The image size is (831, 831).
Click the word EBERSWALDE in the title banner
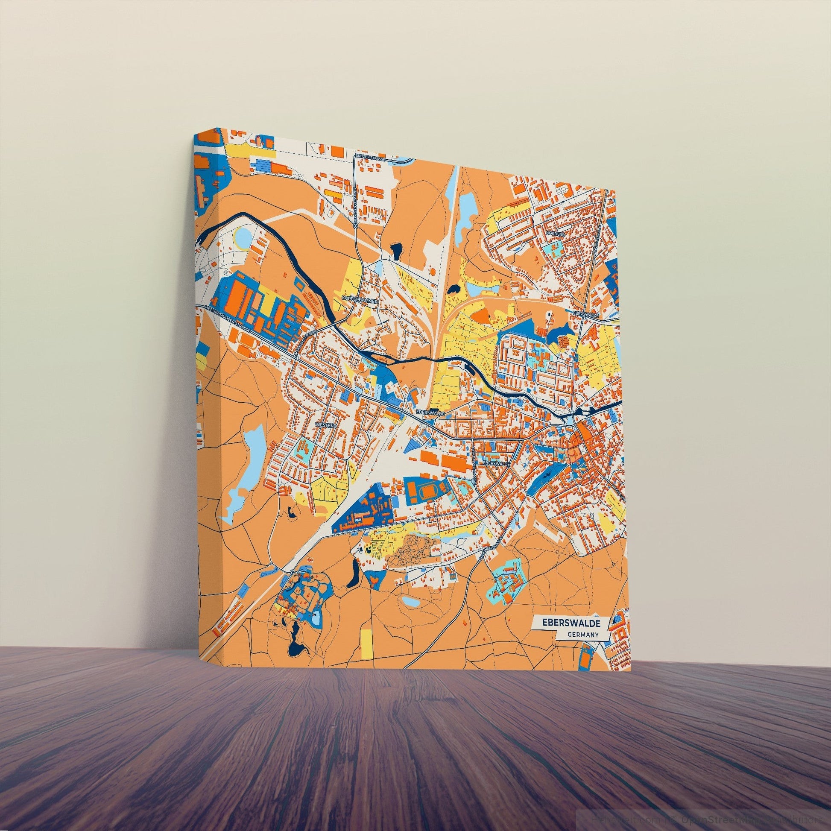click(x=569, y=622)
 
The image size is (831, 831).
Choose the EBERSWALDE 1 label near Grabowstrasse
click(x=496, y=464)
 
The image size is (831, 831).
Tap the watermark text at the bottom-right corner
click(x=710, y=820)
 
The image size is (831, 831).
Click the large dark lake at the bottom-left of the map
click(x=295, y=644)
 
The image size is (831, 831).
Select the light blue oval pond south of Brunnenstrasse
click(x=412, y=601)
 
